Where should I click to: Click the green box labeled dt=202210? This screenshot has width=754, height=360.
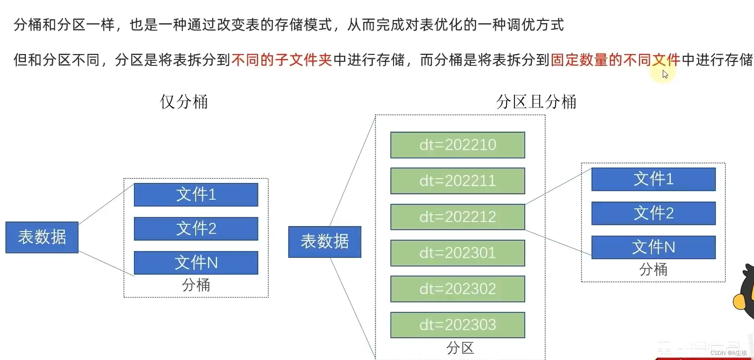(458, 145)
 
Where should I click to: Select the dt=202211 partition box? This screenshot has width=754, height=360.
(458, 181)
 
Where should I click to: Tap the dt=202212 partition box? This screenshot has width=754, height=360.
(458, 217)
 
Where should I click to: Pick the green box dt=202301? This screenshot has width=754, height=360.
(458, 253)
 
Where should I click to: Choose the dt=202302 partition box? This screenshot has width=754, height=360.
(458, 289)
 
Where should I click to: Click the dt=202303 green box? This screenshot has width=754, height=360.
(458, 325)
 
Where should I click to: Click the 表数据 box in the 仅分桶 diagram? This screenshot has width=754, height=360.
(42, 237)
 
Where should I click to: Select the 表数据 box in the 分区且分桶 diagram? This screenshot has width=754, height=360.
(325, 242)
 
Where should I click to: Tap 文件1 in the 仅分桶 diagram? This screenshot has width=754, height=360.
(196, 195)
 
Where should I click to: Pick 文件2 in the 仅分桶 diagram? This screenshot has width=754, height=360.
(196, 228)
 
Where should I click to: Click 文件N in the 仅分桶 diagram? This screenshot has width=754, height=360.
(196, 262)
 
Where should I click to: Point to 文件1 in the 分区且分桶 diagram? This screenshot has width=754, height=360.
(653, 179)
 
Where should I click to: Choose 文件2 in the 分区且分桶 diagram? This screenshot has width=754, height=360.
(653, 213)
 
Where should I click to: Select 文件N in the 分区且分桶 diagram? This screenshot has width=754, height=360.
(653, 247)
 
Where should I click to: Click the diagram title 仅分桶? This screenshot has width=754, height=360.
(184, 102)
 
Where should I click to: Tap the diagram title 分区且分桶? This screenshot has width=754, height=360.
(536, 102)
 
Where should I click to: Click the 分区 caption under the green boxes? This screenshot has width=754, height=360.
(460, 348)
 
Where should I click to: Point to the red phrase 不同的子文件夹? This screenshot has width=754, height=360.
(282, 59)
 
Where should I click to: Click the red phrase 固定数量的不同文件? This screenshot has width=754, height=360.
(615, 59)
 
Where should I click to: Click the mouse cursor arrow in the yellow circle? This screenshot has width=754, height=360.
(665, 74)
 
